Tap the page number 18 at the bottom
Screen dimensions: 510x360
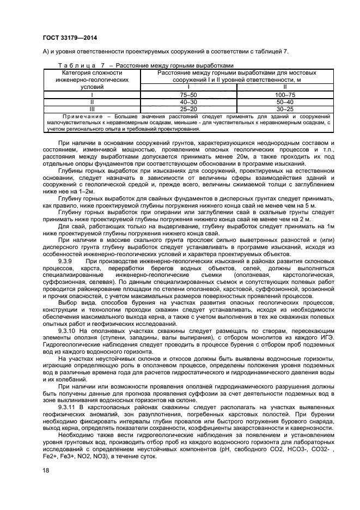click(x=46, y=470)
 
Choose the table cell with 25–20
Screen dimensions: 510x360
click(x=188, y=108)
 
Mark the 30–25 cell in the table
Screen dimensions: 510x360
click(x=285, y=108)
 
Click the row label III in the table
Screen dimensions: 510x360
click(x=92, y=108)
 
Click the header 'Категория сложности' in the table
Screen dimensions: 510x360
click(x=92, y=72)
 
